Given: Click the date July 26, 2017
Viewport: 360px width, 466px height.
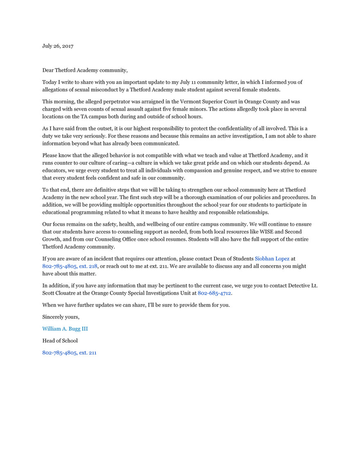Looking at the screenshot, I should tap(58, 46).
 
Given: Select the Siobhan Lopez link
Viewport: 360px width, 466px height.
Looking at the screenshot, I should tap(272, 259).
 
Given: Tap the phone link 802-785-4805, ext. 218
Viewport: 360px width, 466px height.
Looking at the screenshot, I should tap(70, 266).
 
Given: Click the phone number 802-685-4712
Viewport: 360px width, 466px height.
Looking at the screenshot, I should tap(214, 293).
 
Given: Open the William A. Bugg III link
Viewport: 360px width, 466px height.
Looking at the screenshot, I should tap(65, 329).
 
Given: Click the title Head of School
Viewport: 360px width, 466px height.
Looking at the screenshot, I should tap(60, 341).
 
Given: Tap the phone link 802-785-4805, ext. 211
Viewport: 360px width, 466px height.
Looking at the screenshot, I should tap(69, 352).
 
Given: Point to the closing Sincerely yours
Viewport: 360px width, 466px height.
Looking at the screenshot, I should tap(61, 317).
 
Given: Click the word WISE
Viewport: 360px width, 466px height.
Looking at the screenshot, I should tap(258, 231).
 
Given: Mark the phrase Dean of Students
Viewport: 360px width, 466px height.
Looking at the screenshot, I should tap(233, 259).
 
